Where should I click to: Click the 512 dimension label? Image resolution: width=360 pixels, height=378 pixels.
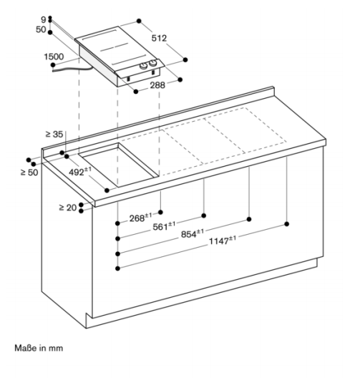(159, 38)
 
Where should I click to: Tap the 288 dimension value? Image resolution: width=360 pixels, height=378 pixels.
(157, 85)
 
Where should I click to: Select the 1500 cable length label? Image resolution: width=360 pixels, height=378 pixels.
(54, 57)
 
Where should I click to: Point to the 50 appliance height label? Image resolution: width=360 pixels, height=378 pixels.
(41, 29)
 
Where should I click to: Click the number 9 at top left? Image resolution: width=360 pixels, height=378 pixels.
(44, 20)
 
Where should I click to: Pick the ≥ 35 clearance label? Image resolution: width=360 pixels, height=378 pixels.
(54, 135)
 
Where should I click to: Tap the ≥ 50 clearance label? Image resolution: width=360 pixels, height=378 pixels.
(29, 173)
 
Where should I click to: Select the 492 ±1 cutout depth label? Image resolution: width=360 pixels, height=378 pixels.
(80, 171)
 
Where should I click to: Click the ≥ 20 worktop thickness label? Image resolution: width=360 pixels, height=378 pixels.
(68, 208)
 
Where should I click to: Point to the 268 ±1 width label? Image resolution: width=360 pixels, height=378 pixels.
(141, 218)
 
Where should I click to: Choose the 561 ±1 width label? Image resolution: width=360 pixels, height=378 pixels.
(164, 226)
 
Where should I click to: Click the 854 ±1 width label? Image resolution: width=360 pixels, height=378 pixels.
(193, 233)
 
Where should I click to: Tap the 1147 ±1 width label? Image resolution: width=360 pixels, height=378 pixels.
(223, 241)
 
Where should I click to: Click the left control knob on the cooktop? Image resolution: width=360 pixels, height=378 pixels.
(144, 66)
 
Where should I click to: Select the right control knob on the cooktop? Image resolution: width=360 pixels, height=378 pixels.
(152, 63)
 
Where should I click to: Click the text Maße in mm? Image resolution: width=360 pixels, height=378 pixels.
(39, 348)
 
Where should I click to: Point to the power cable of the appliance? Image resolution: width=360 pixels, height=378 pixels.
(72, 69)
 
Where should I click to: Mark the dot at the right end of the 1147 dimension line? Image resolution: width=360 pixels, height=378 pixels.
(287, 224)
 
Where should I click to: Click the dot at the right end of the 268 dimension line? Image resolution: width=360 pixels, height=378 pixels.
(161, 212)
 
